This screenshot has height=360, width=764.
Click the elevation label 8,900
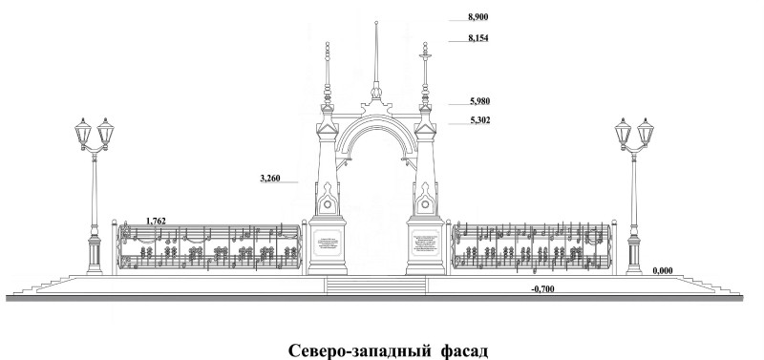[x=478, y=17]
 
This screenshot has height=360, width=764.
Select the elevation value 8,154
[x=478, y=38]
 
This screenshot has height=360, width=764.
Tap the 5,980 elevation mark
[x=478, y=100]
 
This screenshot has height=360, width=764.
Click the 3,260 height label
[x=272, y=178]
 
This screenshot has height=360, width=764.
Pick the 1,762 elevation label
[x=156, y=221]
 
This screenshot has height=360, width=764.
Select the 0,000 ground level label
[x=664, y=270]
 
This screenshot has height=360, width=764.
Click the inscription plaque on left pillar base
[x=328, y=244]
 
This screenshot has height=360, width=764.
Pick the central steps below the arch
[x=374, y=285]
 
